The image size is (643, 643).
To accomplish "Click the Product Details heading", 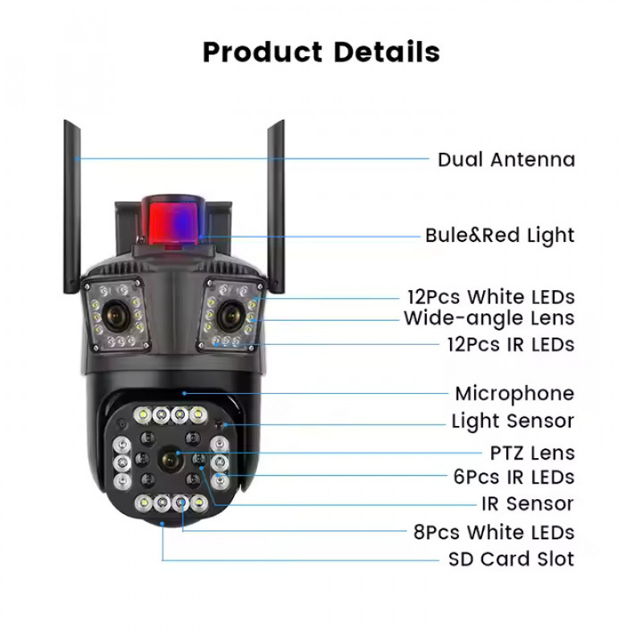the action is tap(321, 52).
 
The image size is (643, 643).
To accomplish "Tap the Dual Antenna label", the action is tap(506, 159).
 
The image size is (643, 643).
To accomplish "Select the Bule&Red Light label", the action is tap(500, 235).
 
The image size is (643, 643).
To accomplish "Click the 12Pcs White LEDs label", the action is tap(491, 297).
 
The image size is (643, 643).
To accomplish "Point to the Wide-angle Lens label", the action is tap(489, 318).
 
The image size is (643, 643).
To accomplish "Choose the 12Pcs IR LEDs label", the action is tap(511, 345).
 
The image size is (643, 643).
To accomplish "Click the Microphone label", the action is tap(514, 394).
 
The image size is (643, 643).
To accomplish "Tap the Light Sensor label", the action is tap(513, 421).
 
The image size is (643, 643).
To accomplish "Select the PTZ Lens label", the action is tap(532, 453).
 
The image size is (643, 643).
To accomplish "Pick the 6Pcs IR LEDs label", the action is tap(514, 477).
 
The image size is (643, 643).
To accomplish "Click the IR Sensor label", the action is tap(528, 504).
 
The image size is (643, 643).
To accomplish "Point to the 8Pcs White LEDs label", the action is tap(494, 532).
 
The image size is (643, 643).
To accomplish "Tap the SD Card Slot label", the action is tap(511, 559).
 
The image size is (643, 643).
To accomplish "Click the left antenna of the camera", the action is tap(72, 207).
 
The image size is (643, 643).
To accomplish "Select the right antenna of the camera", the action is tap(276, 207).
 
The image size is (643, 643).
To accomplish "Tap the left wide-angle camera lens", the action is tap(115, 315).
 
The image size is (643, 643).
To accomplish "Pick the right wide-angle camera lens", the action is tap(229, 315).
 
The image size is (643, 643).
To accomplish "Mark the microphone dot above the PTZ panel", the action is tap(184, 393).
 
